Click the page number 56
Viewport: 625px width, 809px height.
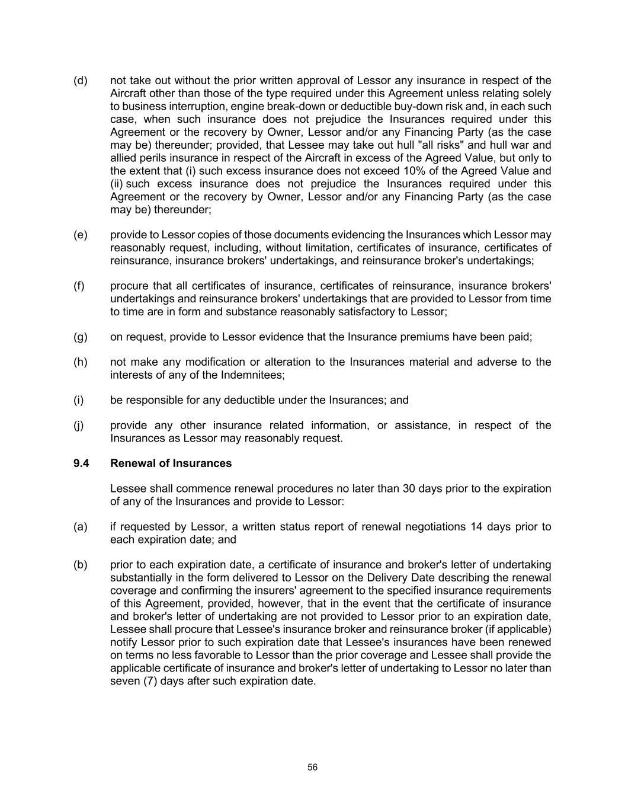click(312, 768)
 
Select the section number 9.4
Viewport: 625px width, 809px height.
click(81, 463)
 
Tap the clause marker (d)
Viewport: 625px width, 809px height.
click(80, 81)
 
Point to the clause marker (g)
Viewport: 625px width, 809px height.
click(80, 337)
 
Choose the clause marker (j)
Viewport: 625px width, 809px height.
click(79, 426)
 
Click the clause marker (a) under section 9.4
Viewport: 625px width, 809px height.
click(80, 527)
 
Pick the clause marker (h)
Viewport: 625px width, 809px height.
click(80, 362)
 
